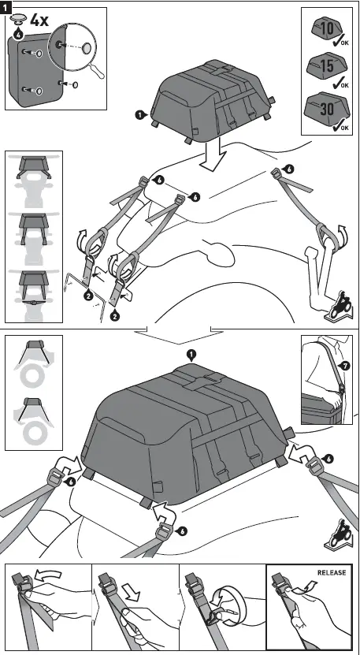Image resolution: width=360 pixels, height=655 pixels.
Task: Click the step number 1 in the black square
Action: [7, 7]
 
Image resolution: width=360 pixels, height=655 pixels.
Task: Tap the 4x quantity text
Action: [38, 20]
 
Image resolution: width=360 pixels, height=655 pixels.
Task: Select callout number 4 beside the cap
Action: [18, 32]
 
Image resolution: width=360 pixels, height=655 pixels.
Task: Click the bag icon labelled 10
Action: [327, 30]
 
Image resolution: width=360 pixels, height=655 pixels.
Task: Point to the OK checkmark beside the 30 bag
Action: [341, 124]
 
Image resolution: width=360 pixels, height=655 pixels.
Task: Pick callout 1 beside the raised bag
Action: [139, 114]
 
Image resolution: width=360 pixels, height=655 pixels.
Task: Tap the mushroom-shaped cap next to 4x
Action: [18, 18]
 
